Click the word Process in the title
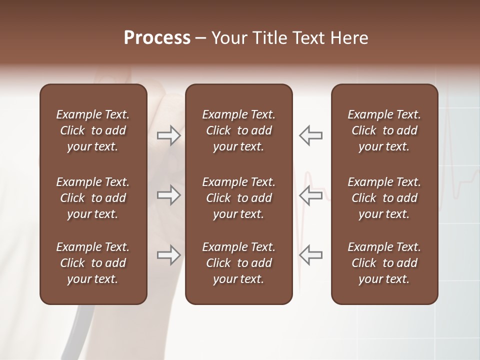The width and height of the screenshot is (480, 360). (x=157, y=38)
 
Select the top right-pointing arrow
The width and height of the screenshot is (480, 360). (x=169, y=135)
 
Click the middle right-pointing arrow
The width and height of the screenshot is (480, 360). (x=169, y=195)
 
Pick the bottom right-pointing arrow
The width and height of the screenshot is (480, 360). (x=169, y=254)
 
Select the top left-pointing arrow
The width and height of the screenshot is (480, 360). (x=310, y=135)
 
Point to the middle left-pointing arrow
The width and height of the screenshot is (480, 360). (x=310, y=195)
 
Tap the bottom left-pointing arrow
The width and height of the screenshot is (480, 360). (x=310, y=254)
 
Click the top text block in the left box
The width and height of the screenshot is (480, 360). (x=93, y=130)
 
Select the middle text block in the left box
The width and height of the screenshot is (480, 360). (x=93, y=198)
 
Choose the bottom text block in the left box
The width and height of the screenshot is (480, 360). (x=93, y=263)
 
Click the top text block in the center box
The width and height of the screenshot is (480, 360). (x=238, y=130)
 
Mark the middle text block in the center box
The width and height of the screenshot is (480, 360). (x=238, y=198)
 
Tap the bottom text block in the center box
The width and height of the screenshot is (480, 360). (x=238, y=263)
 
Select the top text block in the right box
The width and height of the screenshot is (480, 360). (x=384, y=130)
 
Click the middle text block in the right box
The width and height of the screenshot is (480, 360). (x=384, y=198)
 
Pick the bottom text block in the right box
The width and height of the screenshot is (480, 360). (x=384, y=263)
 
